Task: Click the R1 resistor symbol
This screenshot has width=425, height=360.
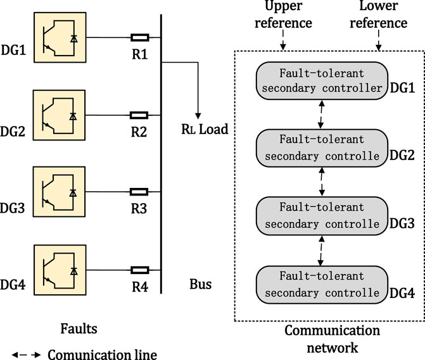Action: [140, 37]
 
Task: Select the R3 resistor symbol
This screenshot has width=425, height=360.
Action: [139, 192]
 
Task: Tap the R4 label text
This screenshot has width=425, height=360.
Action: [140, 287]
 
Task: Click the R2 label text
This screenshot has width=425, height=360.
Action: [139, 132]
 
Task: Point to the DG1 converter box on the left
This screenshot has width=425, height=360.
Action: [60, 37]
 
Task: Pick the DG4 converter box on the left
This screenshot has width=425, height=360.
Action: [60, 270]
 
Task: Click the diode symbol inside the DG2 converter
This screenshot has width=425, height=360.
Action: [73, 116]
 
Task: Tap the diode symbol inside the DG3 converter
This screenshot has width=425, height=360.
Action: [73, 193]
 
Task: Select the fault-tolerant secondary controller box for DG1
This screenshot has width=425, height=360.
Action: [322, 80]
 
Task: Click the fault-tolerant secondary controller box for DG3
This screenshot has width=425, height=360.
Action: [322, 216]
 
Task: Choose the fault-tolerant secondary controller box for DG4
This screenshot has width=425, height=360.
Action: [322, 285]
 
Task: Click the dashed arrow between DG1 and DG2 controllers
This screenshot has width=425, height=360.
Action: [321, 115]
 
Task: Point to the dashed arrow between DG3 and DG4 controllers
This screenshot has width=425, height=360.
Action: [321, 251]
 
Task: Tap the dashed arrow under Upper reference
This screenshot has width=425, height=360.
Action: [283, 40]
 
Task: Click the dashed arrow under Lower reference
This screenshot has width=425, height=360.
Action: [378, 40]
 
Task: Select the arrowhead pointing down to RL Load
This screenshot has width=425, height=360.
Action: [198, 116]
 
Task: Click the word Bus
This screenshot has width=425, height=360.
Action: [201, 284]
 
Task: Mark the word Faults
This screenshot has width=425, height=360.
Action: [79, 328]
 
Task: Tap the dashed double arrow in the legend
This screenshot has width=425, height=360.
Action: [26, 354]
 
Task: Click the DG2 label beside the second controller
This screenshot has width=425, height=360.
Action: [402, 156]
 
